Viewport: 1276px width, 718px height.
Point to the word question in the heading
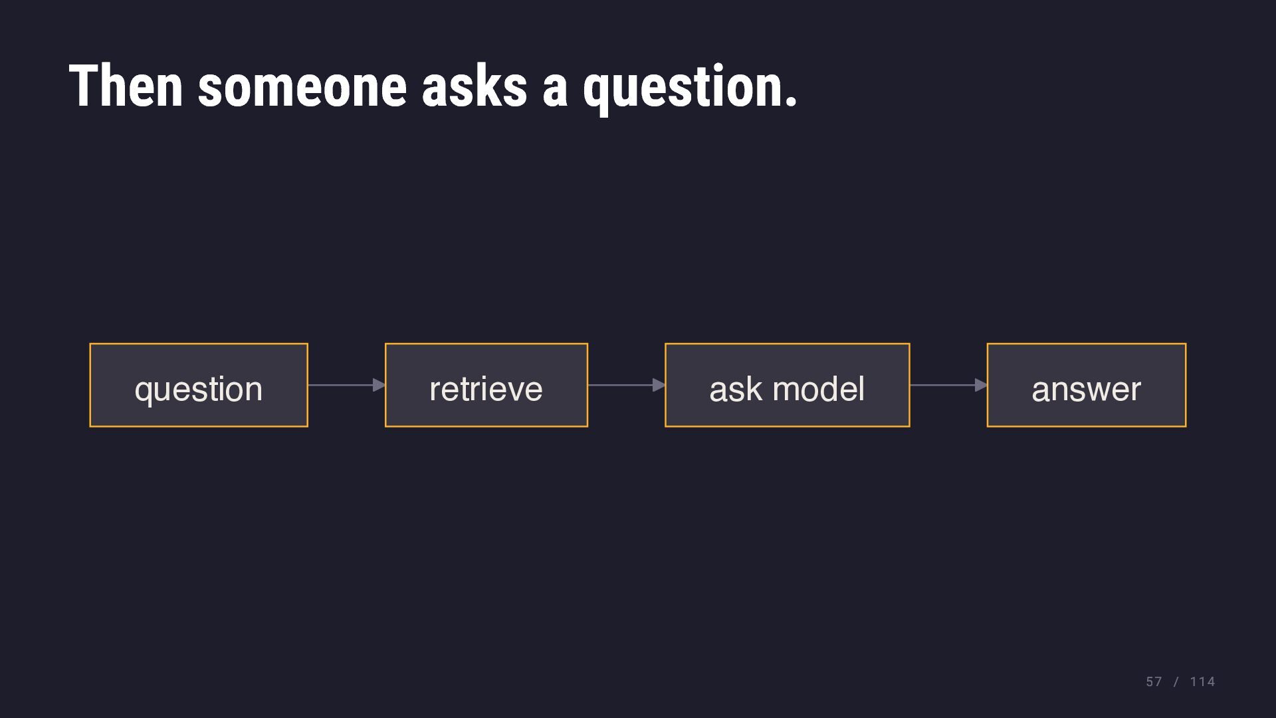pyautogui.click(x=683, y=89)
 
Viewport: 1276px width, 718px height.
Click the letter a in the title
pyautogui.click(x=556, y=90)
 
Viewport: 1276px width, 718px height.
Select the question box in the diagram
pyautogui.click(x=199, y=385)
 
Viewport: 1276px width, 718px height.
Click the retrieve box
pyautogui.click(x=486, y=385)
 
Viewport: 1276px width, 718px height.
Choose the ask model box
pyautogui.click(x=788, y=385)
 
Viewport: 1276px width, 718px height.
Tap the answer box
pyautogui.click(x=1087, y=385)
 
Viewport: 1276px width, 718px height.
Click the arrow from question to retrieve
pyautogui.click(x=347, y=385)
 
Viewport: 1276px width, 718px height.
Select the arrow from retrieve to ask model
pyautogui.click(x=627, y=385)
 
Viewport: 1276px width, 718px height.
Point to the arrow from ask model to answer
pyautogui.click(x=948, y=385)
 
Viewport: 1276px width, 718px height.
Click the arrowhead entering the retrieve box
pyautogui.click(x=379, y=385)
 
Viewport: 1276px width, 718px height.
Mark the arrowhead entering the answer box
pyautogui.click(x=982, y=385)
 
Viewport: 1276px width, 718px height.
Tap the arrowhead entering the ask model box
pyautogui.click(x=659, y=385)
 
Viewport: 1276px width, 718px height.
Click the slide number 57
pyautogui.click(x=1154, y=682)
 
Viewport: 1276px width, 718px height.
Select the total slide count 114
pyautogui.click(x=1202, y=682)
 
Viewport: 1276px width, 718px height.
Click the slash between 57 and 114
pyautogui.click(x=1176, y=682)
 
